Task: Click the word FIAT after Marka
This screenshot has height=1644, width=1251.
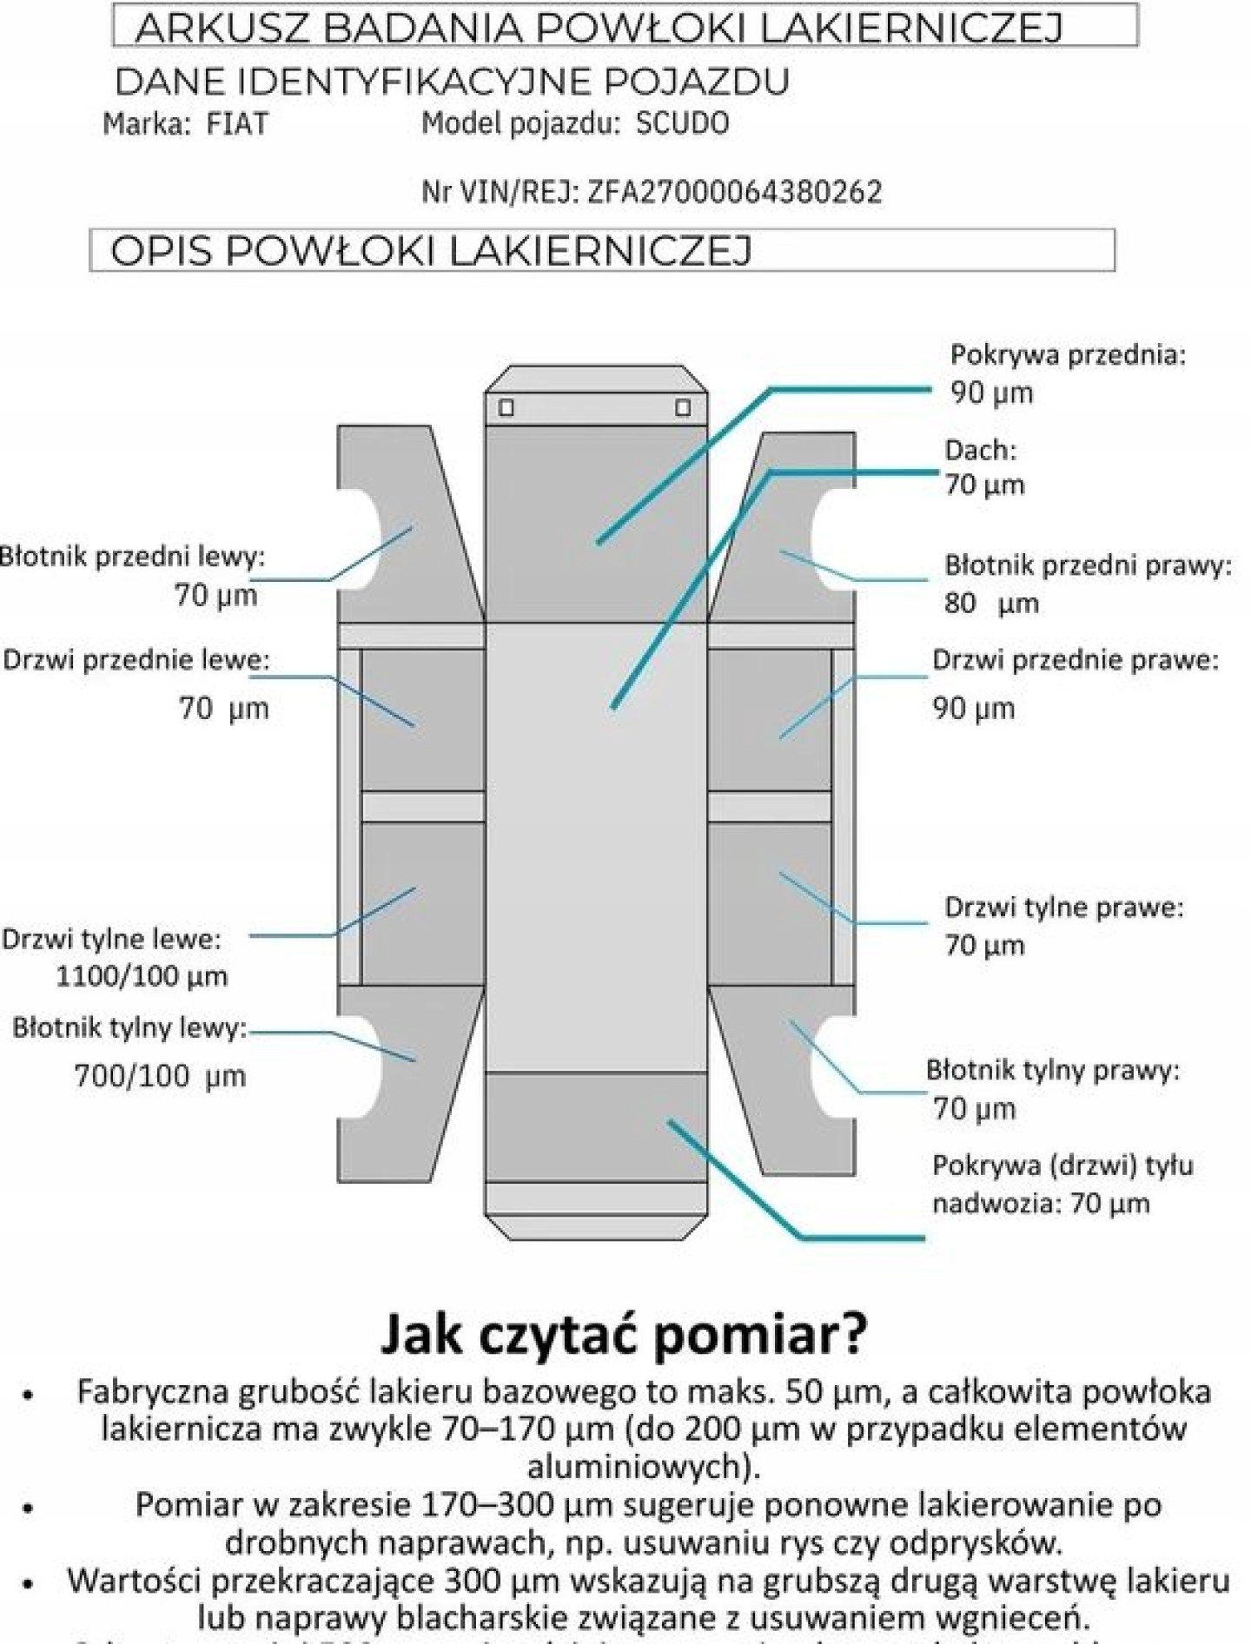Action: pos(237,124)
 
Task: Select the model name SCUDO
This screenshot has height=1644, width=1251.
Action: pos(682,123)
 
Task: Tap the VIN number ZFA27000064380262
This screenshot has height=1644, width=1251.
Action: pos(734,192)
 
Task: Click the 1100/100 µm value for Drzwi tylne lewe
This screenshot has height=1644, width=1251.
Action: pos(142,976)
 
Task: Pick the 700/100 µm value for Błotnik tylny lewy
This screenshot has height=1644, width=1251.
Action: pos(160,1076)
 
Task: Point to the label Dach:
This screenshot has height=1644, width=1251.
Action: pos(980,450)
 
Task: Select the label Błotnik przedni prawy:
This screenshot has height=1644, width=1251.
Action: pos(1088,565)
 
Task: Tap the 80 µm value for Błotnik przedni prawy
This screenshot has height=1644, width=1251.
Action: pos(991,604)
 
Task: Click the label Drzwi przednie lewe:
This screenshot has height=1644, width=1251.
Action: pos(136,660)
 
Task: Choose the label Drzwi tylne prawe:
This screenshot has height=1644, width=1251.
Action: pos(1063,908)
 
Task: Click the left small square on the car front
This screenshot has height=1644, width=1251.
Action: pos(506,407)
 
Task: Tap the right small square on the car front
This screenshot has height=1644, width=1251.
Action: pos(684,407)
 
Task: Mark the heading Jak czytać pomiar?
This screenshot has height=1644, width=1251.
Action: pos(624,1334)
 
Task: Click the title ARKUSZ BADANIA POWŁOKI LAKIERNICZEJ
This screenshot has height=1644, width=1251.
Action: pos(599,28)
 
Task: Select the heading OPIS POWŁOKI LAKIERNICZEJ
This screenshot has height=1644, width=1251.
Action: pos(431,251)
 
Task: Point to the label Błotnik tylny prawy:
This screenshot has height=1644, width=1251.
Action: pos(1053,1070)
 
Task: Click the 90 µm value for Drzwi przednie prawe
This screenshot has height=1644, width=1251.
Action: pos(973,709)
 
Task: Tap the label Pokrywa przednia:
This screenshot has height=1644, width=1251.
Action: pos(1068,354)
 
